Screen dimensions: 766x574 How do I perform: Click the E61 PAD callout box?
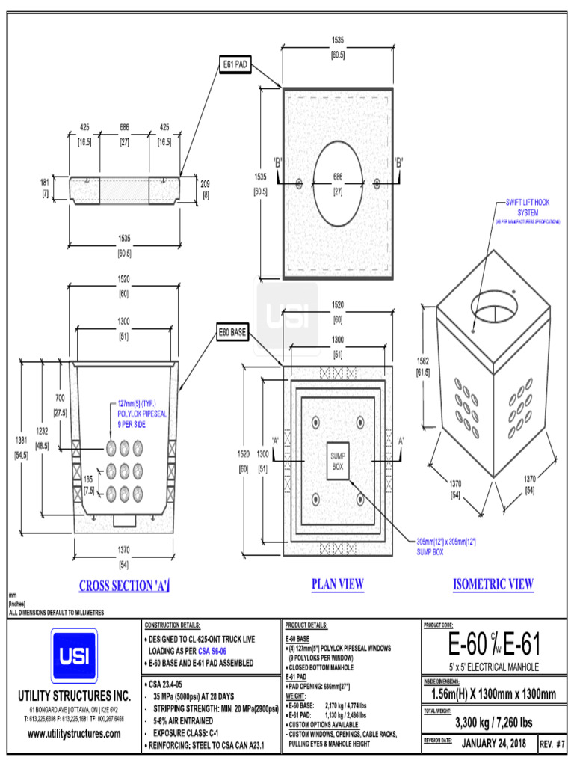tap(235, 65)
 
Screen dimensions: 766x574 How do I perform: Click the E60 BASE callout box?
tap(233, 332)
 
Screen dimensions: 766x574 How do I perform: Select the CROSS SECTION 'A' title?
tap(125, 586)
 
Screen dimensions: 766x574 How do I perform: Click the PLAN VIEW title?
tap(337, 584)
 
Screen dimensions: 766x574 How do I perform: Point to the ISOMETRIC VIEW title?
tap(493, 584)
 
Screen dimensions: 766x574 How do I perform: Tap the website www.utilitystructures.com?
tap(73, 734)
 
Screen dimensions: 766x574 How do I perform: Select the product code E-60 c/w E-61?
tap(493, 643)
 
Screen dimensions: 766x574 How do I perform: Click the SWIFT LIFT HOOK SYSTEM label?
tap(528, 207)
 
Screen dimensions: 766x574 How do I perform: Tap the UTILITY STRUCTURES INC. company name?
tap(73, 695)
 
